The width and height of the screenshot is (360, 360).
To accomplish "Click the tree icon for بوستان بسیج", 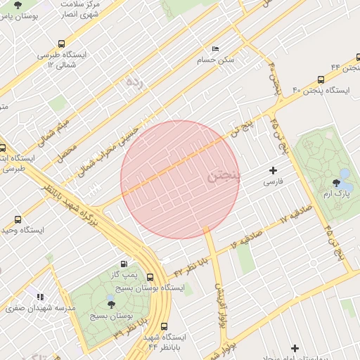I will tap(110, 304).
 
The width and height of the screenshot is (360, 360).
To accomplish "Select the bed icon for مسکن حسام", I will tap(215, 49).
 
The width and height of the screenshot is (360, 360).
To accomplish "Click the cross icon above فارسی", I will tap(274, 170).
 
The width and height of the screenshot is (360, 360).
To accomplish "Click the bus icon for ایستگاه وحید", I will tap(18, 219).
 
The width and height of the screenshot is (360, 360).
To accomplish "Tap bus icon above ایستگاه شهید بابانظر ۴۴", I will tap(165, 326).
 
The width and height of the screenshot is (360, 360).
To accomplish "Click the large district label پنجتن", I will tap(224, 176).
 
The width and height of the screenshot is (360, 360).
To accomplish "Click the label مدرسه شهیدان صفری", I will tap(32, 308).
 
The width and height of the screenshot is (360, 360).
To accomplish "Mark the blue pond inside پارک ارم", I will tap(344, 172).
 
